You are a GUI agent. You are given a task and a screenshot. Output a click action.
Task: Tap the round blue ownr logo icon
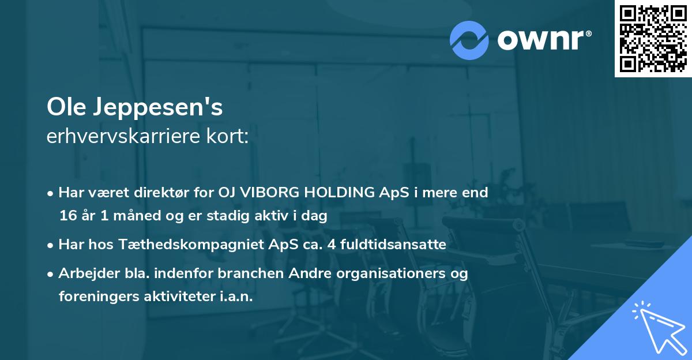coord(469,39)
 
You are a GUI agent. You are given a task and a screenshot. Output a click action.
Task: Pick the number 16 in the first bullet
coord(67,216)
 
